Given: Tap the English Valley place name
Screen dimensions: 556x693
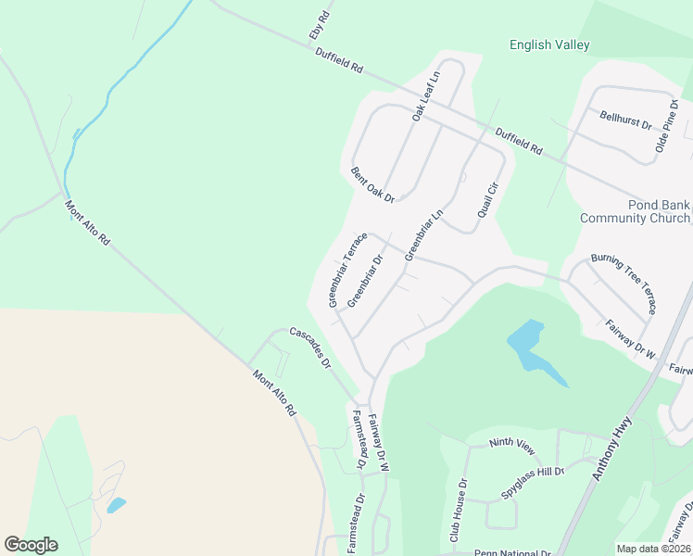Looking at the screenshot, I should click(x=549, y=44).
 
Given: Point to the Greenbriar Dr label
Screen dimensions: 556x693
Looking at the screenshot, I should click(x=365, y=283).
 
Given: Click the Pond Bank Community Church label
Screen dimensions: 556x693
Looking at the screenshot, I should click(x=635, y=211).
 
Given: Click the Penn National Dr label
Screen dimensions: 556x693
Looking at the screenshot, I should click(x=511, y=552).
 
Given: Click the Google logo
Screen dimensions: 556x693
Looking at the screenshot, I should click(x=31, y=544).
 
